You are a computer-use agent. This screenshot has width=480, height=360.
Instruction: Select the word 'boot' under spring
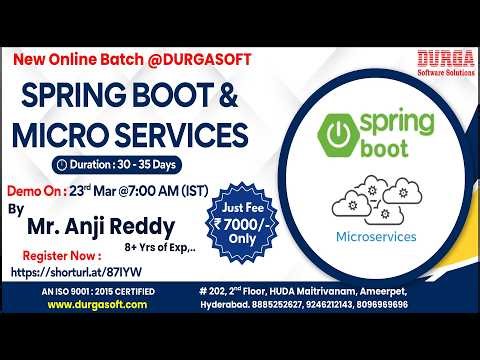(x=390, y=159)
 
